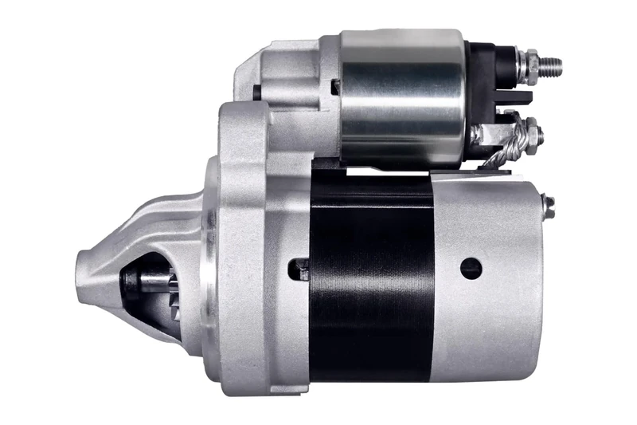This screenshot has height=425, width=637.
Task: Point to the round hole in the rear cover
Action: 471,269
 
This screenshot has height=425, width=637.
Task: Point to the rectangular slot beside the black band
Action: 300,269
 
